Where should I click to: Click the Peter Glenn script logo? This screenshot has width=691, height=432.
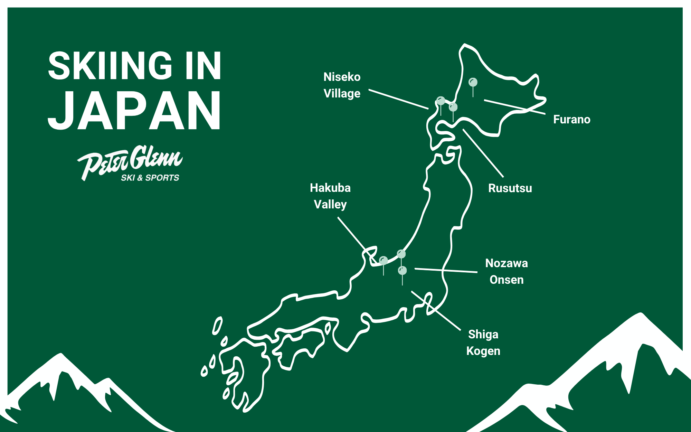(x=130, y=161)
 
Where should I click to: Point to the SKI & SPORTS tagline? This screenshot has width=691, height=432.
(x=150, y=178)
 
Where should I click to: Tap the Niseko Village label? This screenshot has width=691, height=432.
(x=342, y=85)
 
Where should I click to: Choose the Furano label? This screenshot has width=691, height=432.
(x=571, y=120)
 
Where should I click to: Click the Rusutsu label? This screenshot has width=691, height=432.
(x=510, y=188)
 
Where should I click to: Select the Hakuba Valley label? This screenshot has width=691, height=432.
(x=330, y=196)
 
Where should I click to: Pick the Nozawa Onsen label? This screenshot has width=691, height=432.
(x=507, y=271)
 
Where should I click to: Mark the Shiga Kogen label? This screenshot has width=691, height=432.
(x=483, y=342)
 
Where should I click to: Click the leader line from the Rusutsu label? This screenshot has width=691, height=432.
(x=483, y=153)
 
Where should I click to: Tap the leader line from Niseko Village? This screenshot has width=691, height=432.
(x=398, y=99)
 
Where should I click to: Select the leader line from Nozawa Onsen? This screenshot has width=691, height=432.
(x=446, y=270)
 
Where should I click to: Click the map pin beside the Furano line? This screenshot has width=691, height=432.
(x=473, y=83)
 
